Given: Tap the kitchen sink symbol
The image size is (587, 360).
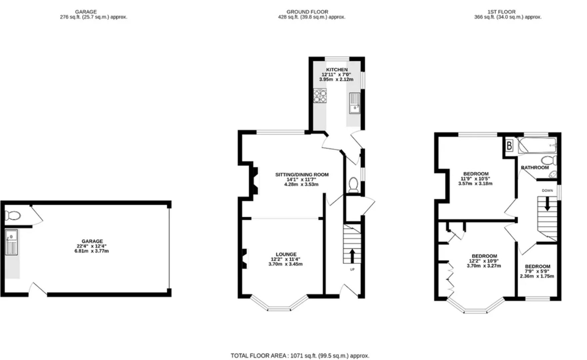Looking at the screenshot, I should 355,103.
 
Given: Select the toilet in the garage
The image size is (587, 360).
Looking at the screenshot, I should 13,215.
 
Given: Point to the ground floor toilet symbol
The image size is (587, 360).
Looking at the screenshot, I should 353,185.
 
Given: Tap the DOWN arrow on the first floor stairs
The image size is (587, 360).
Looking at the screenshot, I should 547,203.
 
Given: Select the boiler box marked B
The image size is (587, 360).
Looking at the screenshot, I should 509,146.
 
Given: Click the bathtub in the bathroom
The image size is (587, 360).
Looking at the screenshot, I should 537,146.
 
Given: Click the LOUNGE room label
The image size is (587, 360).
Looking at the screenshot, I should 286,254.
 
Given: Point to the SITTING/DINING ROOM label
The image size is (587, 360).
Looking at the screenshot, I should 302,174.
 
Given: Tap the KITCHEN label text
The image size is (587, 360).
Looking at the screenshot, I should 337,70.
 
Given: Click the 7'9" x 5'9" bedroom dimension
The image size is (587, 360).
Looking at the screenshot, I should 537,271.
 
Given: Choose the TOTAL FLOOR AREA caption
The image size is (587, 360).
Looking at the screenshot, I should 300,356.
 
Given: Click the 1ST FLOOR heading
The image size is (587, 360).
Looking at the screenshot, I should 501,12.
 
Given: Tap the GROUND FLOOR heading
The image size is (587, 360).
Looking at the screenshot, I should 307,12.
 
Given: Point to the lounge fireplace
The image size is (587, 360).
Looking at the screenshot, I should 244,258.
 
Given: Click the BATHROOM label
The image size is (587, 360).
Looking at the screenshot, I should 535,167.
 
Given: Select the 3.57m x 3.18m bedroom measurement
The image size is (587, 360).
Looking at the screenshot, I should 475,183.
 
